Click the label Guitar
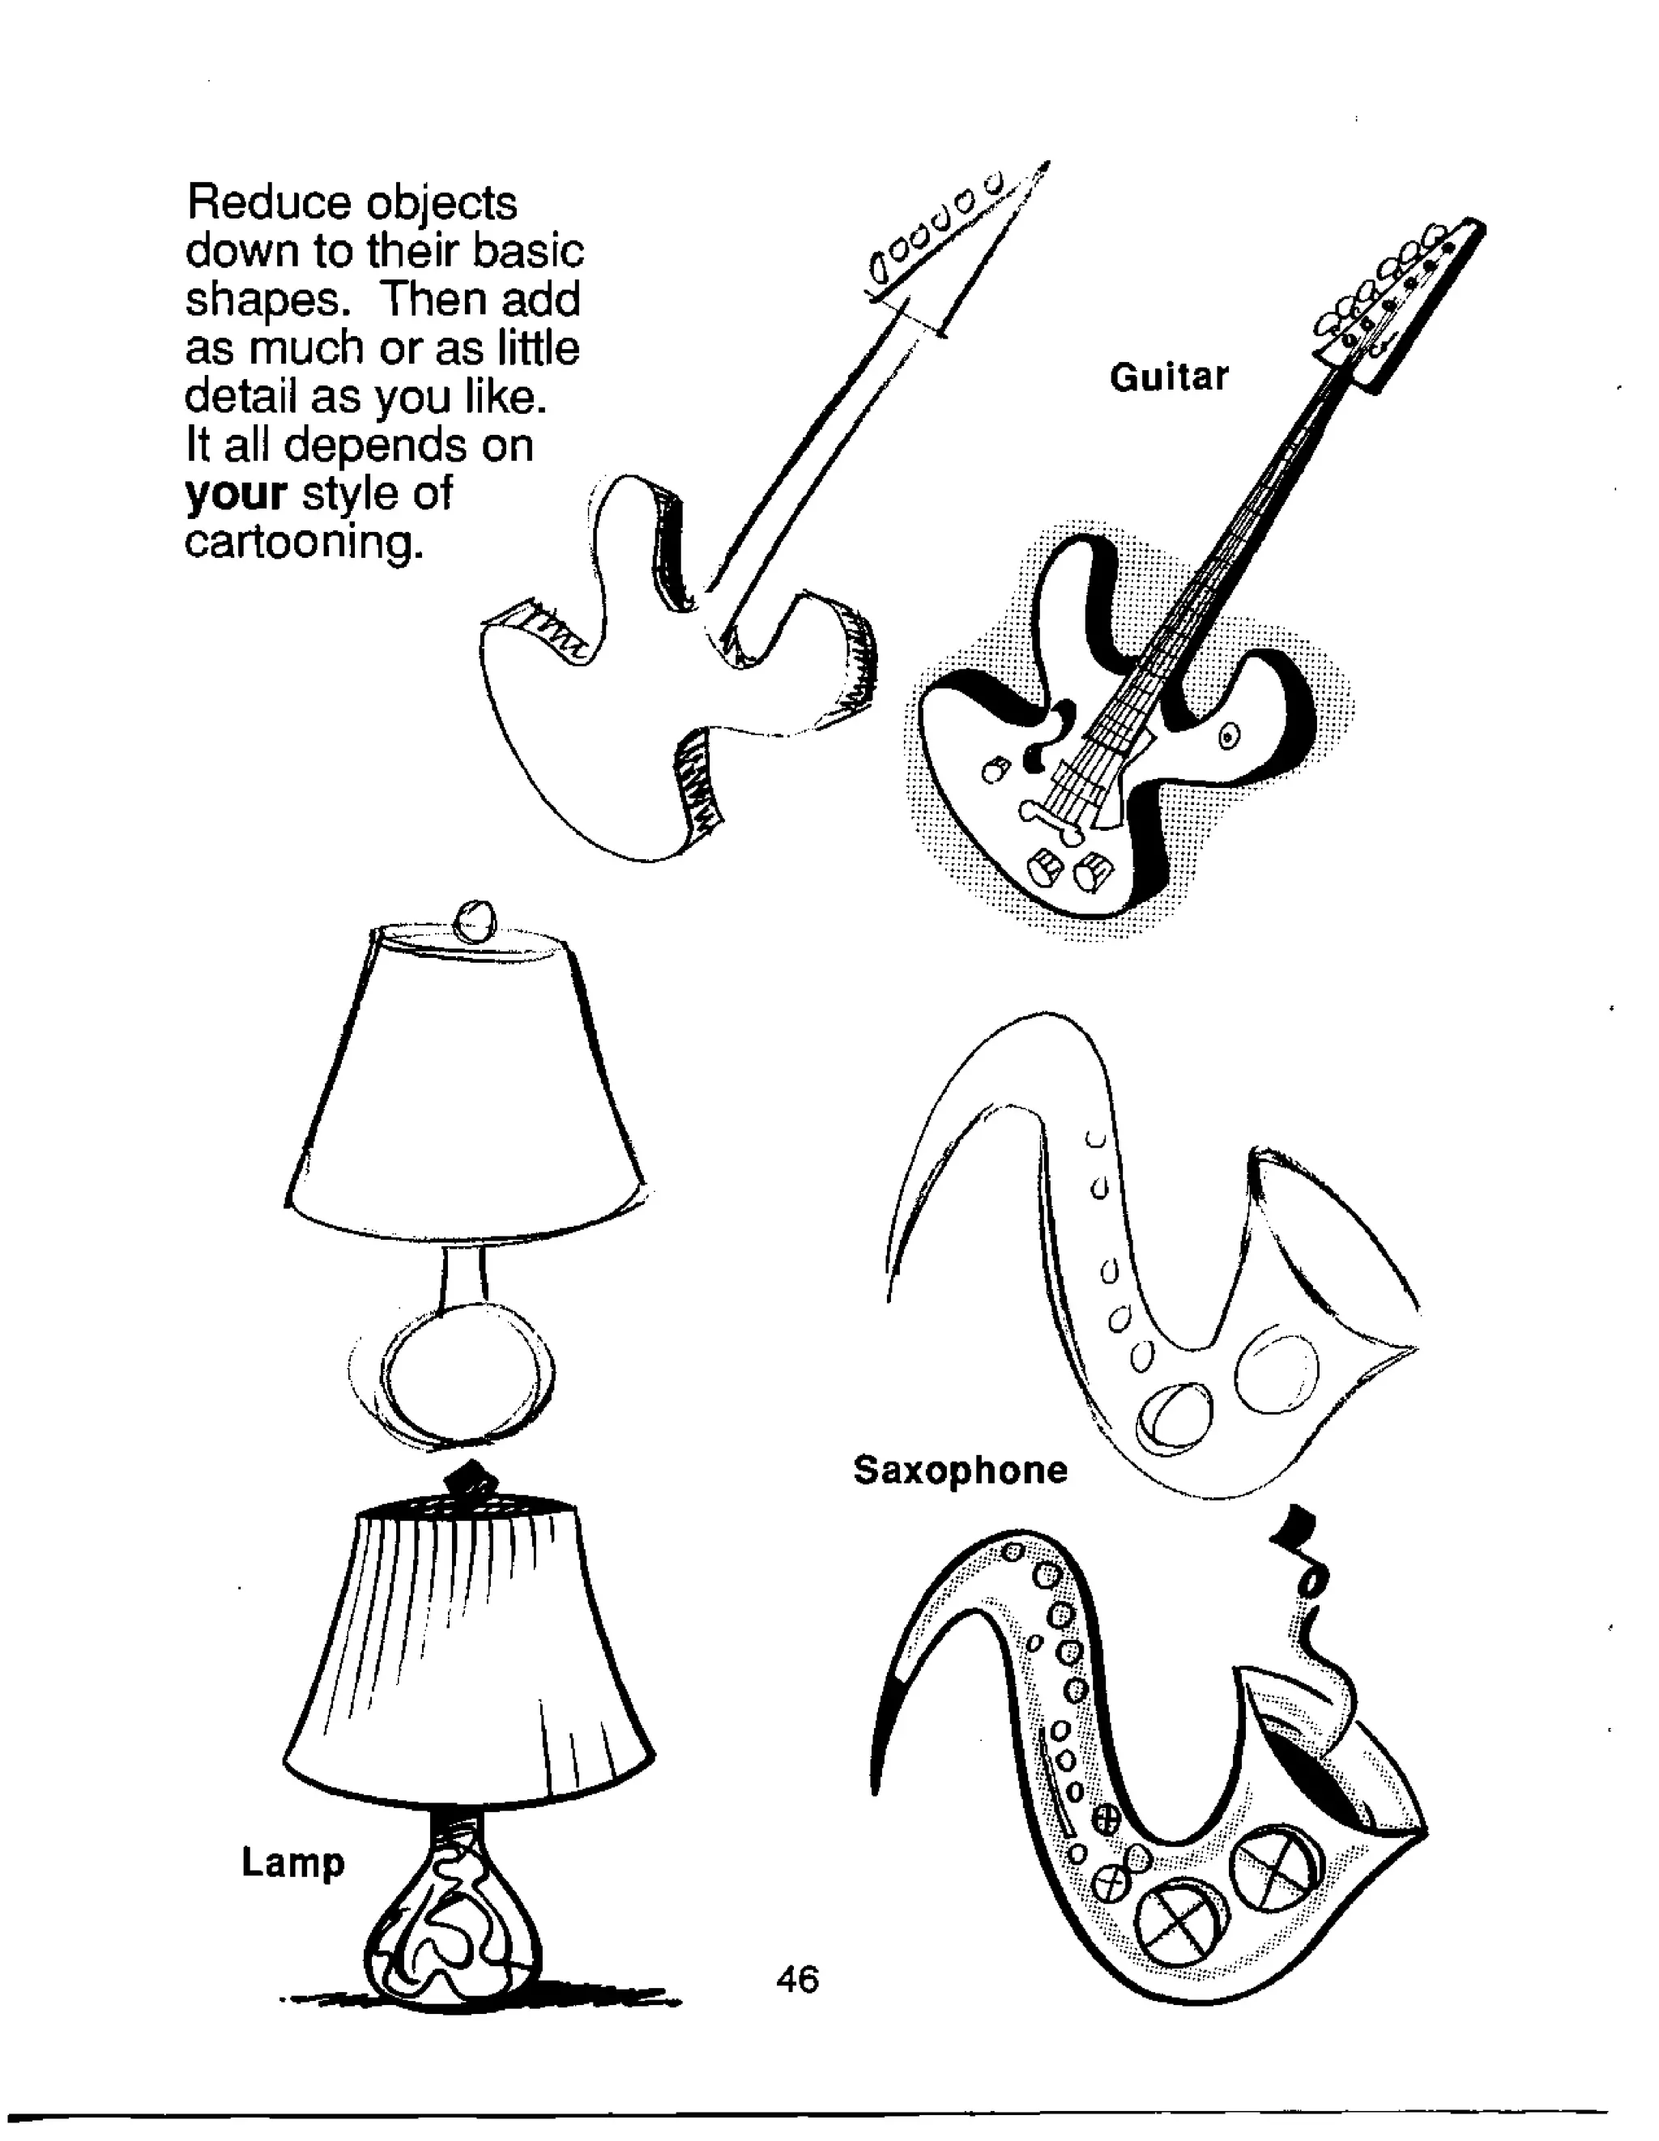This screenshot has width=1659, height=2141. (x=1168, y=377)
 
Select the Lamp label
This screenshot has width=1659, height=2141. (x=293, y=1862)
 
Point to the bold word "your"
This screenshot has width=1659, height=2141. (x=235, y=494)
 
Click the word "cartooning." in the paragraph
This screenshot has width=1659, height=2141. (x=304, y=541)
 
